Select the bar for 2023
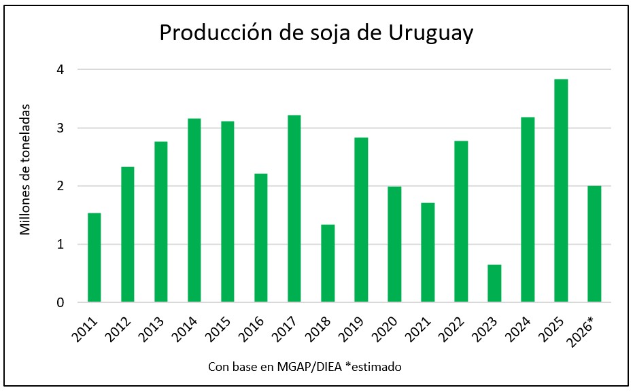tap(494, 283)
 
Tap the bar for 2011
tap(94, 257)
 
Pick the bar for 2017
tap(294, 209)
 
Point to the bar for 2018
tap(328, 264)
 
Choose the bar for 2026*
tap(594, 244)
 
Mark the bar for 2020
tap(394, 245)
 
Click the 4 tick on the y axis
tap(61, 69)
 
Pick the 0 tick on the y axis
tap(61, 302)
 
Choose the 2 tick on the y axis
tap(61, 186)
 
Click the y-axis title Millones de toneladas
tap(25, 169)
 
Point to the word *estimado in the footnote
tap(370, 367)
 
